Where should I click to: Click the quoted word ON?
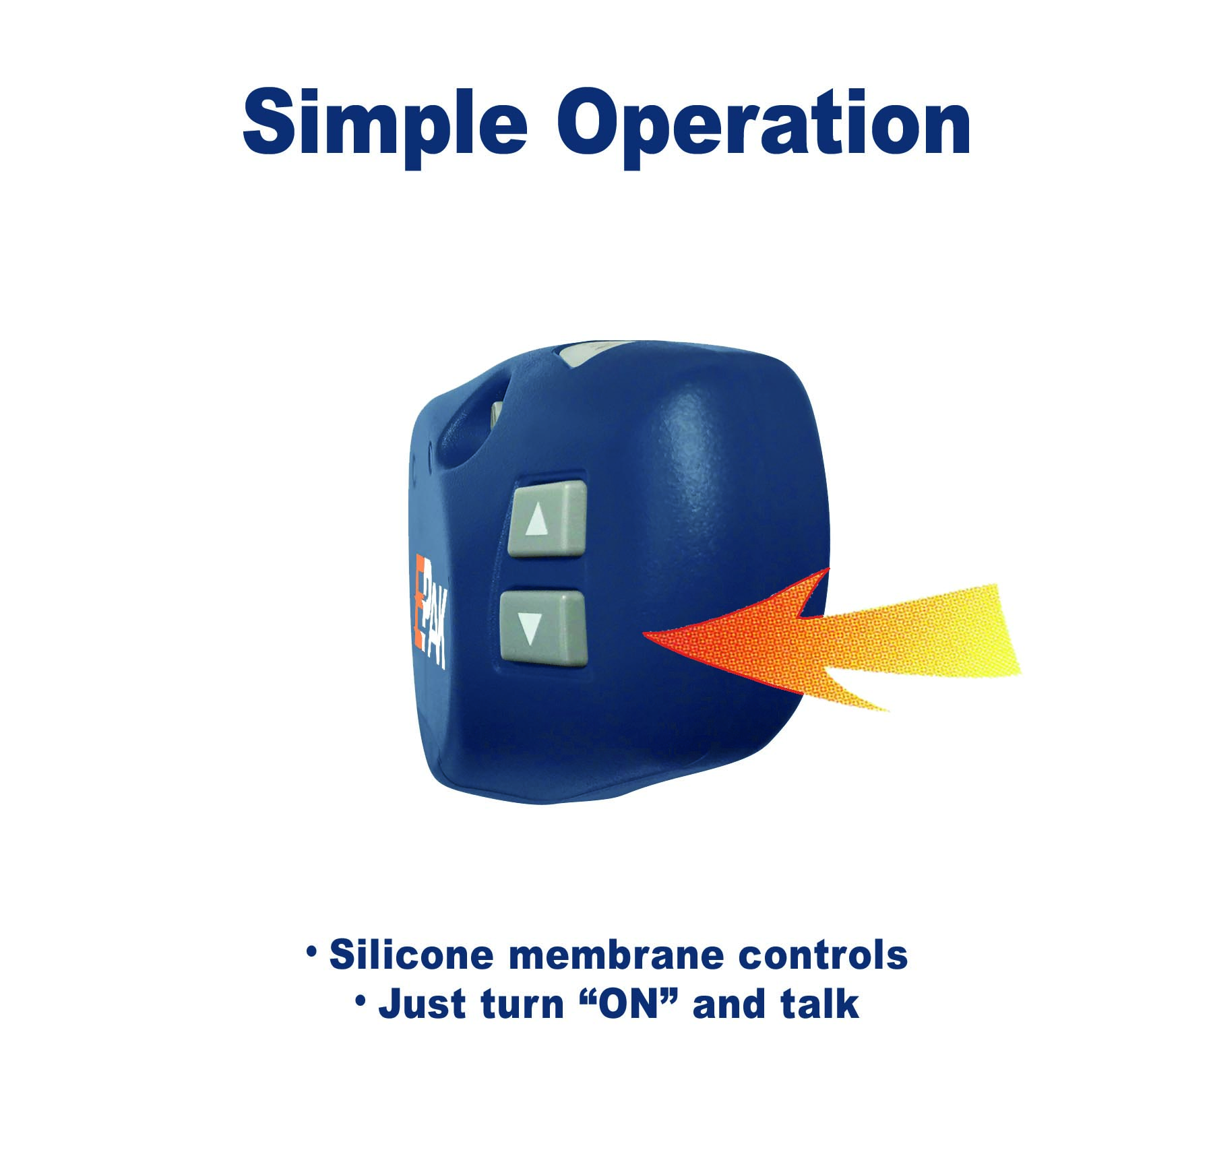[628, 1004]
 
